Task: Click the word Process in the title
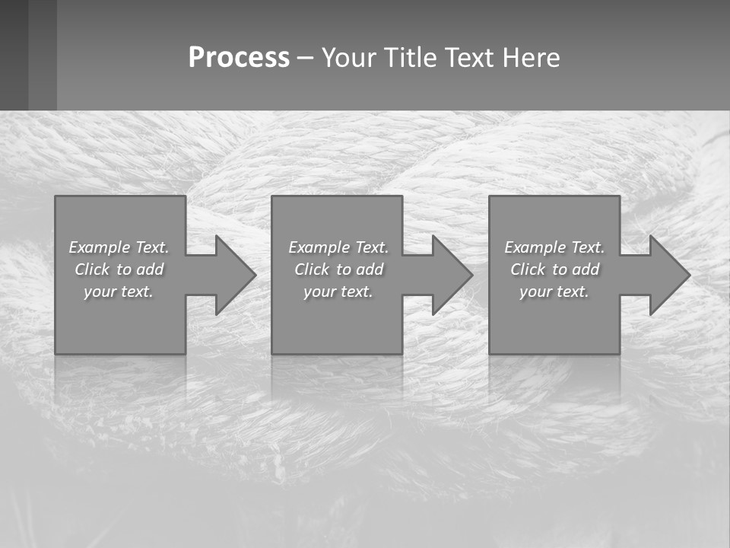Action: [x=239, y=58]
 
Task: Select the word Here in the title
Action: [x=532, y=58]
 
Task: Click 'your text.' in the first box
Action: [x=119, y=292]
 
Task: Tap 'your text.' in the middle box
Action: [x=338, y=292]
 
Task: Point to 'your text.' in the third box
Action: [x=554, y=292]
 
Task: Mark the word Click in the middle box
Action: [x=312, y=269]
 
